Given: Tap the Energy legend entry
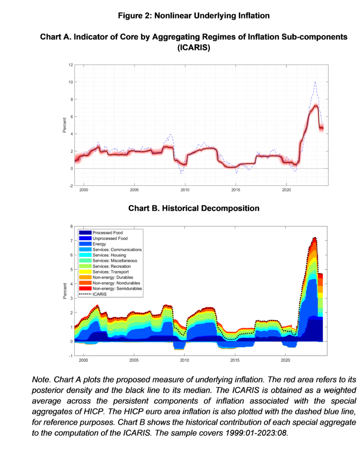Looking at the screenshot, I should pos(99,244).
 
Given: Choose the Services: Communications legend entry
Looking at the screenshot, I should pos(117,250).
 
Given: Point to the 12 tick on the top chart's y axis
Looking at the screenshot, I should pos(70,65).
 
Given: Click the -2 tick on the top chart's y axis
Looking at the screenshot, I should pos(70,186).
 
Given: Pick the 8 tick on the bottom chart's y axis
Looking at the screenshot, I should pos(71,226).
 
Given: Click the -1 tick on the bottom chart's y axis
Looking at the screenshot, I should pos(70,356).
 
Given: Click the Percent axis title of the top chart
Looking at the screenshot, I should pos(64,125).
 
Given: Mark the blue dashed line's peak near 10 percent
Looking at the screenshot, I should pos(315,82).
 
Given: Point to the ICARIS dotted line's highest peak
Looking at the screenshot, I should pos(315,238).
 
